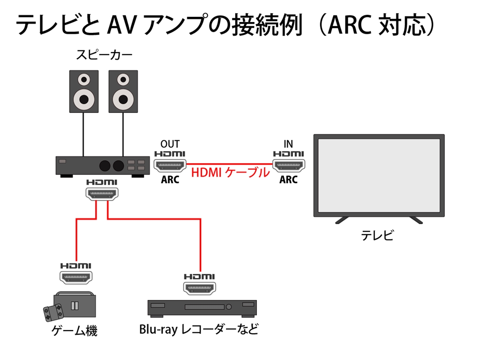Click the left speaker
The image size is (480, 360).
point(84,91)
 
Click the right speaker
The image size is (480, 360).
point(123,91)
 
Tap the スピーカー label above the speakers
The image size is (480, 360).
point(104,55)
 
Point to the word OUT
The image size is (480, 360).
point(170,144)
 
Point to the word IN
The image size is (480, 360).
point(288,144)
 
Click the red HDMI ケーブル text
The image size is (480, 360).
point(230,172)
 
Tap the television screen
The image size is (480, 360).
point(379,176)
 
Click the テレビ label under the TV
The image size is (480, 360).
point(377,235)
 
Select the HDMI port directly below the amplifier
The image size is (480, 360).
point(102,193)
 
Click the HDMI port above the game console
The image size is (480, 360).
point(76,277)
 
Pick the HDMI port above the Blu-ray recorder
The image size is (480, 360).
point(199,287)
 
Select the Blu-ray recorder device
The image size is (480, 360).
point(202,307)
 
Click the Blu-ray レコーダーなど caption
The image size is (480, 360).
point(199,330)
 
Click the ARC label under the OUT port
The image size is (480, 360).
point(170,180)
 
